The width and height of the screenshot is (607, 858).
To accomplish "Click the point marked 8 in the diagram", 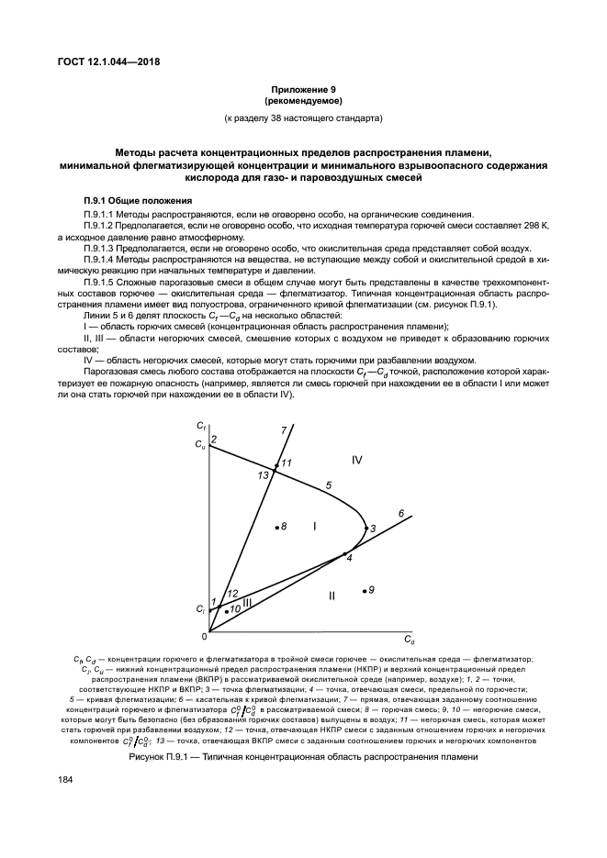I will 276,527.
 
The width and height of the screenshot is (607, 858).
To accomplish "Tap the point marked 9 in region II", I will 365,590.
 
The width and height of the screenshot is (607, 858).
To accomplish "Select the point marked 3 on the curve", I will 365,528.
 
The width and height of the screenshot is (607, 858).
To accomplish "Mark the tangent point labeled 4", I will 345,553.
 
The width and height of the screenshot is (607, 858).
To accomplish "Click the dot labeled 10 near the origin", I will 226,609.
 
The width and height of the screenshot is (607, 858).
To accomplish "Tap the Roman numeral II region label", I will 332,596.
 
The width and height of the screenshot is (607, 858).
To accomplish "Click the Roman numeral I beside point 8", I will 314,526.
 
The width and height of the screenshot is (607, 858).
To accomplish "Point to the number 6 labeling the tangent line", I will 400,512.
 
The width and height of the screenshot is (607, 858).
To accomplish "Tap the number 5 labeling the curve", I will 328,484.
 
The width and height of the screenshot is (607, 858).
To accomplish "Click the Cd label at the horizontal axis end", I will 410,639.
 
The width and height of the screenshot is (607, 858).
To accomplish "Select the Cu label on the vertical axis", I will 201,445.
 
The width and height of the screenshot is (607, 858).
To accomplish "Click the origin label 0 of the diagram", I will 204,636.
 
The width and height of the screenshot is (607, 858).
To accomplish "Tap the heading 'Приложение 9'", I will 303,90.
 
